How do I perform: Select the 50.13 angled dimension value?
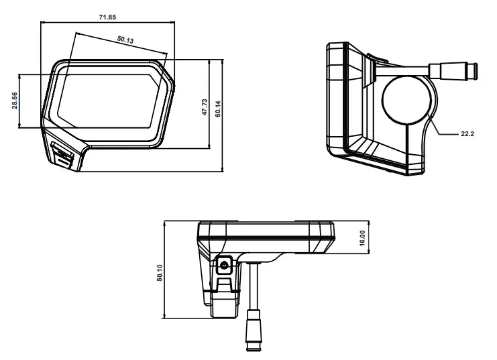point(125,40)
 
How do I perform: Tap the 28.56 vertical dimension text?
point(15,101)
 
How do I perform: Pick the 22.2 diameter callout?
point(467,134)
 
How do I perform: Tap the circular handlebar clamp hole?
point(407,98)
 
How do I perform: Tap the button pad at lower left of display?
point(63,156)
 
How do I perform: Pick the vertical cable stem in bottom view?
point(255,285)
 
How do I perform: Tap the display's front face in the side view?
point(336,101)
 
